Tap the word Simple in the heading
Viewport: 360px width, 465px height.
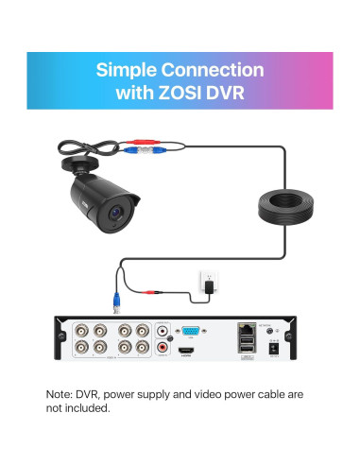(129, 70)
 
